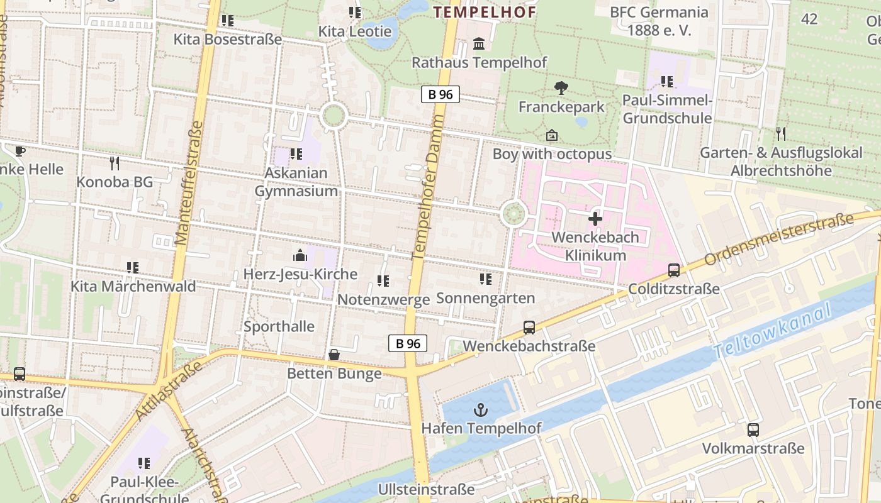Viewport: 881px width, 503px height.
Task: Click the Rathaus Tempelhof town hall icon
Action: pyautogui.click(x=479, y=44)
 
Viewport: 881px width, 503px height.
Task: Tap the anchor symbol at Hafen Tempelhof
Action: pyautogui.click(x=481, y=410)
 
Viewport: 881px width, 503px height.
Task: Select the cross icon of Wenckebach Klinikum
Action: pyautogui.click(x=595, y=219)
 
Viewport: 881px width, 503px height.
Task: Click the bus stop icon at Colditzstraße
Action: pyautogui.click(x=674, y=270)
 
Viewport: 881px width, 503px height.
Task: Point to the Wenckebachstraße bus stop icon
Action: pyautogui.click(x=529, y=328)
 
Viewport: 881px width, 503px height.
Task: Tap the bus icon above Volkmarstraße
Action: pyautogui.click(x=753, y=430)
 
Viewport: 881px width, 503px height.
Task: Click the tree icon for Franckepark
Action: pyautogui.click(x=561, y=88)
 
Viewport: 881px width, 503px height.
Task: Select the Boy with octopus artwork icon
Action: pyautogui.click(x=552, y=135)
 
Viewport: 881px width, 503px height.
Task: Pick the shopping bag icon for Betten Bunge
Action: pyautogui.click(x=334, y=355)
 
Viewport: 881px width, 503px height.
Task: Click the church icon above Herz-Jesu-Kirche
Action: pyautogui.click(x=300, y=255)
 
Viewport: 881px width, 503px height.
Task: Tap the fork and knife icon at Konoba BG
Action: pyautogui.click(x=115, y=163)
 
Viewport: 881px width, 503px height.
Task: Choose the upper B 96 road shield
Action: pyautogui.click(x=441, y=95)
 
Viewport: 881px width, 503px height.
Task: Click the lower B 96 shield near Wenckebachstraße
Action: pyautogui.click(x=408, y=343)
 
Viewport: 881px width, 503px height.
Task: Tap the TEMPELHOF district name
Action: pyautogui.click(x=485, y=12)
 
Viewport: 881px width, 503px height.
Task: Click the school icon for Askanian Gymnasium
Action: pyautogui.click(x=296, y=154)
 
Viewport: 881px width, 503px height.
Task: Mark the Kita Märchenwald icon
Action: pyautogui.click(x=133, y=268)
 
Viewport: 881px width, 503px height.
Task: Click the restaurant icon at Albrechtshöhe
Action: pyautogui.click(x=781, y=133)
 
